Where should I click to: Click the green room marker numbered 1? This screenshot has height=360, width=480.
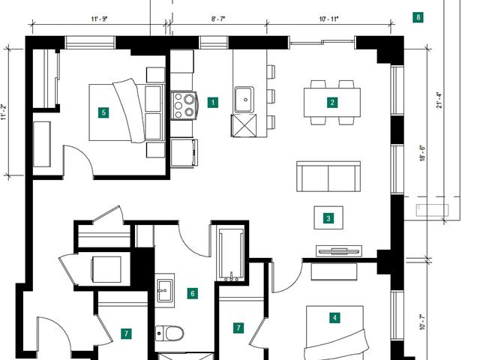click(x=213, y=102)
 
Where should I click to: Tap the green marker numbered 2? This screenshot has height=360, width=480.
click(x=332, y=102)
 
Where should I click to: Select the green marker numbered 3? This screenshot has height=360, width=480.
click(x=328, y=218)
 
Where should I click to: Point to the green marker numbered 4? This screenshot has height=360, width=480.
click(x=334, y=317)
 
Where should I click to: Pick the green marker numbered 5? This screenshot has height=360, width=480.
click(x=103, y=112)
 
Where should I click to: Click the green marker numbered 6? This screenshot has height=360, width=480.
click(x=192, y=293)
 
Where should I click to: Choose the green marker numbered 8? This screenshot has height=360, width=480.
click(x=418, y=17)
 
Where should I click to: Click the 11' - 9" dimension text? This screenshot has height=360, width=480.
click(x=99, y=19)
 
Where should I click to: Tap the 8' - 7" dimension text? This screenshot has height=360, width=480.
click(x=218, y=19)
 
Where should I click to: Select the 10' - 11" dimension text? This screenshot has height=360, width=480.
click(x=328, y=19)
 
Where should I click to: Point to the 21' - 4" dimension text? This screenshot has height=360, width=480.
click(x=439, y=100)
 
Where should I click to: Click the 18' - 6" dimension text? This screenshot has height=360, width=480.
click(x=423, y=153)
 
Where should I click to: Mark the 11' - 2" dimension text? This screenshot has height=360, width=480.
click(x=3, y=112)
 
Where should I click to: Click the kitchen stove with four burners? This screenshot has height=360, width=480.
click(x=184, y=105)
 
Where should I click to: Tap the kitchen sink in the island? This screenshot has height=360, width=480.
click(x=244, y=100)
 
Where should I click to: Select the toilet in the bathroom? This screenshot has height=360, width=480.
click(x=169, y=333)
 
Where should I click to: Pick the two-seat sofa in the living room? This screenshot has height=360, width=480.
click(x=328, y=177)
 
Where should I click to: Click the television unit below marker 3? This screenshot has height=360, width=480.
click(x=339, y=251)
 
